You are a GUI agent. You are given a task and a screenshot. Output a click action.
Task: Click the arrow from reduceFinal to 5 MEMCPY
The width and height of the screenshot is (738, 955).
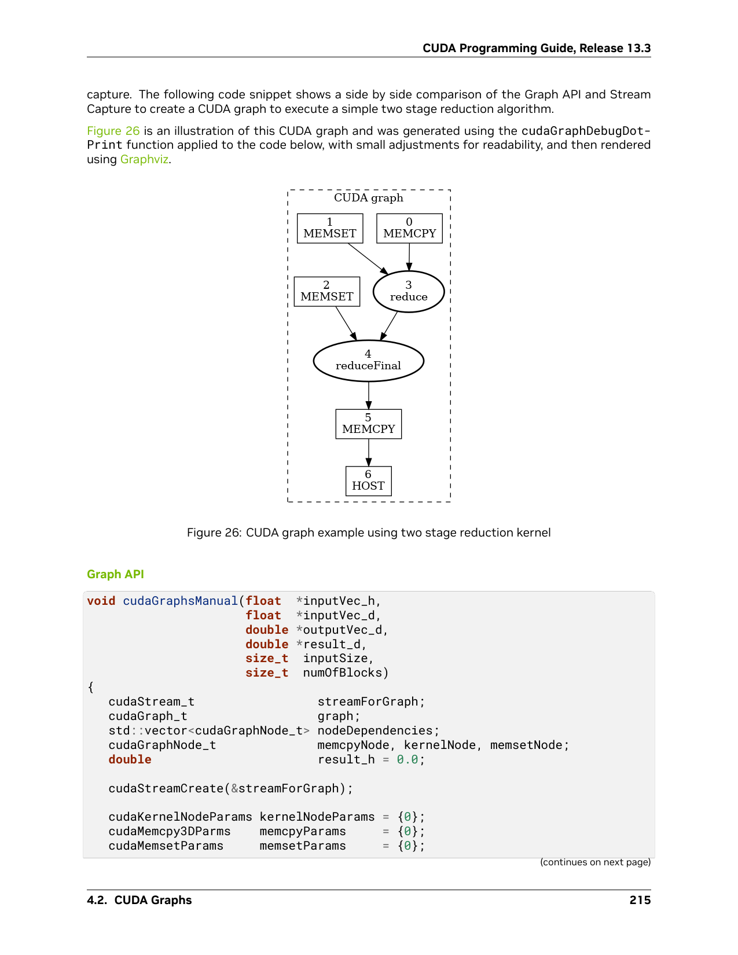point(368,395)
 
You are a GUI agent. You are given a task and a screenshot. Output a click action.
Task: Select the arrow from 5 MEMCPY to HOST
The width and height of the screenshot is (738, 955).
point(368,452)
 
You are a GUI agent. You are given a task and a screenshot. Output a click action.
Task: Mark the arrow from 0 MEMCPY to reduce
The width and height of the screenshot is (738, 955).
point(409,257)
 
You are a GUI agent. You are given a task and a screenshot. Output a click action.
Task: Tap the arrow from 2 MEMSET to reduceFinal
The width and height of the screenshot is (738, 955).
point(346,324)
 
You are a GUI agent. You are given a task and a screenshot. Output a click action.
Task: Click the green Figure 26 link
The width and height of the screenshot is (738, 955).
point(113,131)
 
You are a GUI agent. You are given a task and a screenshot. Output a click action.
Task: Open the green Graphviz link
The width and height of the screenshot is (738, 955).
point(144,160)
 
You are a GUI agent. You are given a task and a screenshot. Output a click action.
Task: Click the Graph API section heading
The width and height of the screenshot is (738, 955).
point(115,574)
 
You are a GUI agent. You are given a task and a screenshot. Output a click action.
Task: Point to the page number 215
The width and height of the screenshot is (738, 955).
point(640,900)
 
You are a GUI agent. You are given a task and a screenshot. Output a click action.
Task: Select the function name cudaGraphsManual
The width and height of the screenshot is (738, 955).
point(180,601)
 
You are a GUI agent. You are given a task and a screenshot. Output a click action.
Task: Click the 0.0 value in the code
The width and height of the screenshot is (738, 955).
point(407,759)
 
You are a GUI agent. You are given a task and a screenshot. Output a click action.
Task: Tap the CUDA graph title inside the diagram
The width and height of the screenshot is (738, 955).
point(368,198)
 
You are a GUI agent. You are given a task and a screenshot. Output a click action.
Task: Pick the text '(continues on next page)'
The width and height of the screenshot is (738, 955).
point(595,862)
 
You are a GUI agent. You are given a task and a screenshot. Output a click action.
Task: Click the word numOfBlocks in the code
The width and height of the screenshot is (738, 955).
point(343,673)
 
